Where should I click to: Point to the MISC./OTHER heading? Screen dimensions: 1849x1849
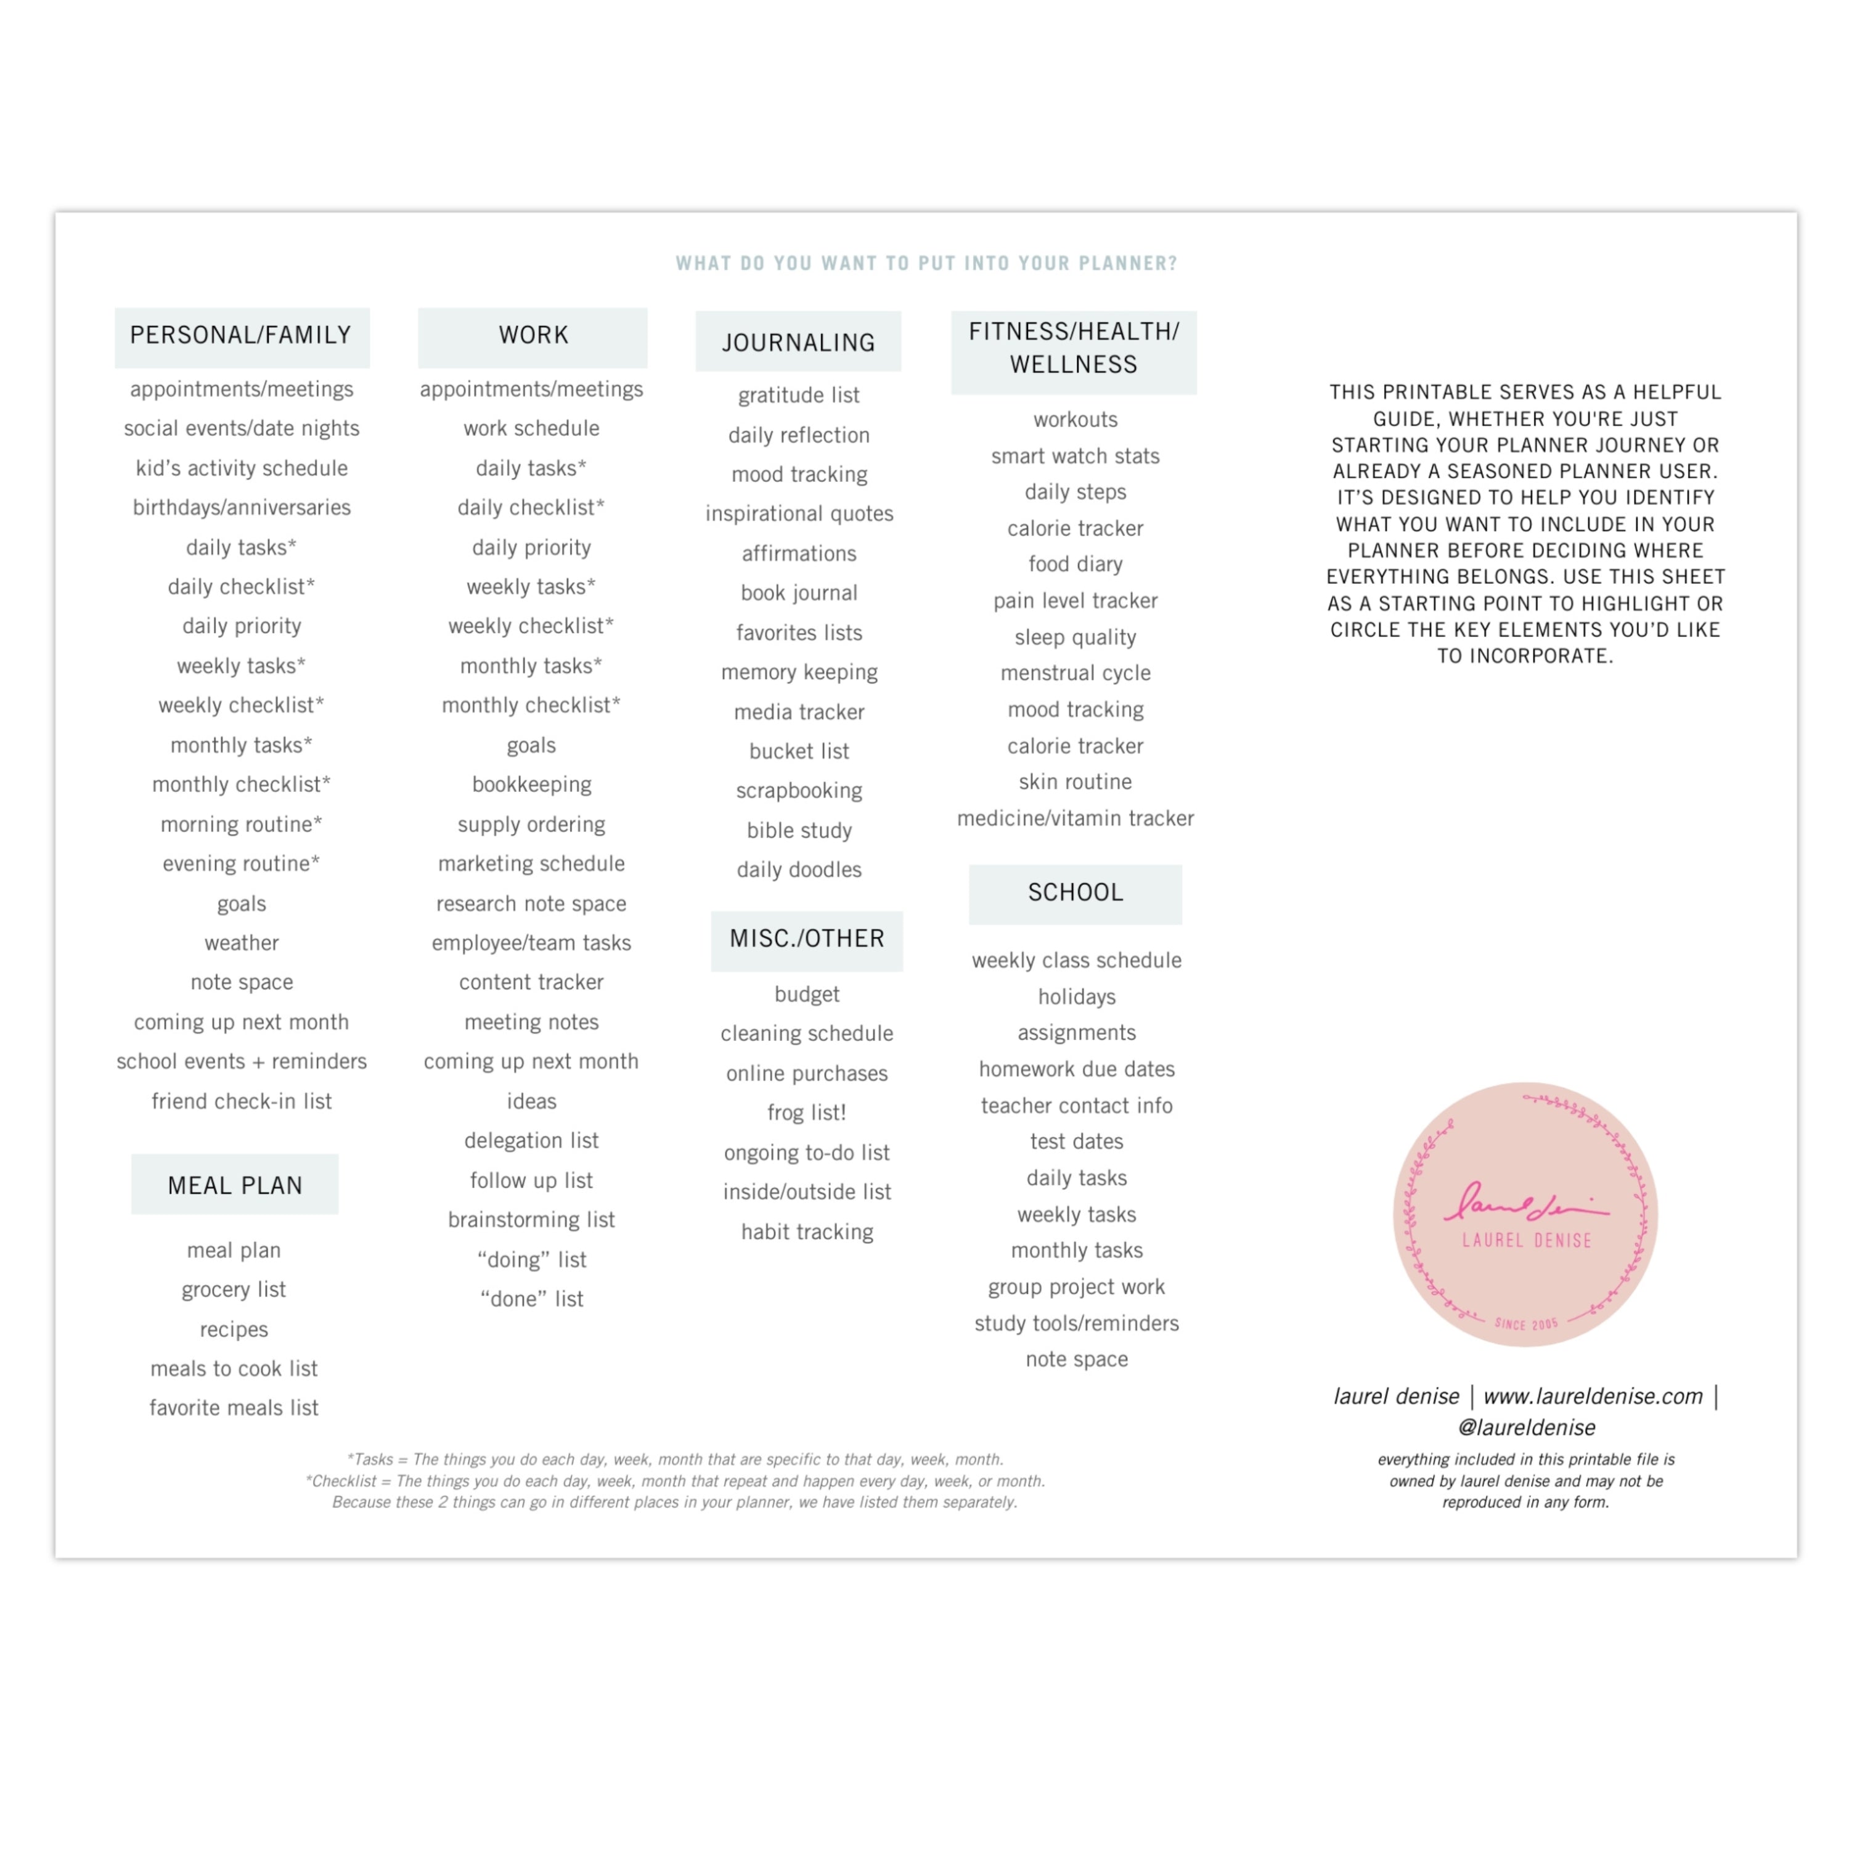(807, 939)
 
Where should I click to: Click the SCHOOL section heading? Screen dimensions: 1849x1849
(1075, 893)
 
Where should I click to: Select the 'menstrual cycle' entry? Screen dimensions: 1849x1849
(1076, 674)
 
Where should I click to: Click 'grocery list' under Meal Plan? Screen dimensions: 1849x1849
(234, 1290)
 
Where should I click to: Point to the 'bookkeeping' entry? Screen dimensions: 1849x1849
(531, 785)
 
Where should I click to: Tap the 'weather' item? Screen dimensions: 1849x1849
(241, 944)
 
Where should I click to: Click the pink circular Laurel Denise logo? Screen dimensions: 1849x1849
(1525, 1214)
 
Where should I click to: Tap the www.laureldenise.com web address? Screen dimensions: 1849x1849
(1593, 1397)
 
